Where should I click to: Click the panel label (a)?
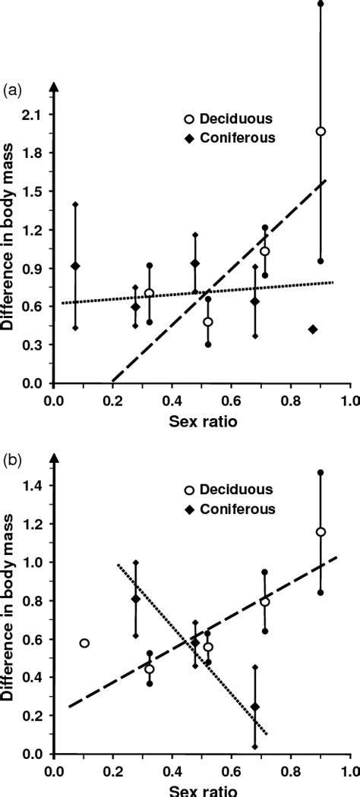(13, 90)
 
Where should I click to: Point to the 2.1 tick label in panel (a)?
(35, 115)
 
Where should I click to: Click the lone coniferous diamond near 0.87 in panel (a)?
(313, 329)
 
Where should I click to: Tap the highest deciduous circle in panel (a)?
(321, 131)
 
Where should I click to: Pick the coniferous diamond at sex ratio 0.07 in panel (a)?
(74, 266)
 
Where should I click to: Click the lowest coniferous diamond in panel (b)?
(255, 707)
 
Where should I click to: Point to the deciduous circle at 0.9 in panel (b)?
(321, 532)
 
